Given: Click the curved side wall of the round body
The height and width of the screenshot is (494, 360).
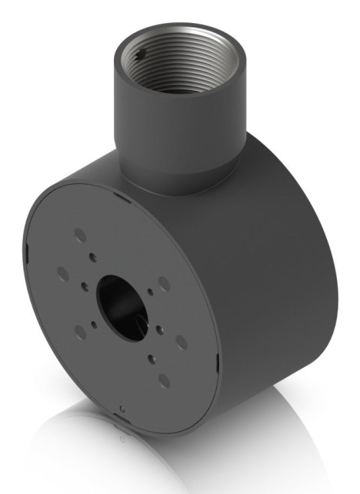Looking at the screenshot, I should coord(270,285).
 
